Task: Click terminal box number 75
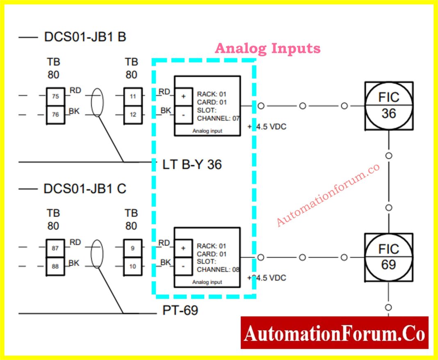[x=55, y=97]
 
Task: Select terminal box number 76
[x=55, y=114]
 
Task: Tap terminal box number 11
[x=133, y=97]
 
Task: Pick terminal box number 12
[x=133, y=114]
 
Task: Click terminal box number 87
[x=55, y=248]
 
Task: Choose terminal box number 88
[x=55, y=266]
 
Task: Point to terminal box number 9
[x=133, y=248]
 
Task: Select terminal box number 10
[x=133, y=266]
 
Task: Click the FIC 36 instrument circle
[x=388, y=105]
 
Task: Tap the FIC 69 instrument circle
[x=388, y=257]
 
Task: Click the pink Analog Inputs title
[x=267, y=48]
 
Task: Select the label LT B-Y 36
[x=192, y=164]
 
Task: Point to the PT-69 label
[x=180, y=310]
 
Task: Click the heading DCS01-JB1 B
[x=85, y=37]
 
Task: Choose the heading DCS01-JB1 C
[x=85, y=189]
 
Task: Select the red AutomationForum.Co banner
[x=334, y=333]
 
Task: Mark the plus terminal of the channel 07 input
[x=183, y=96]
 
